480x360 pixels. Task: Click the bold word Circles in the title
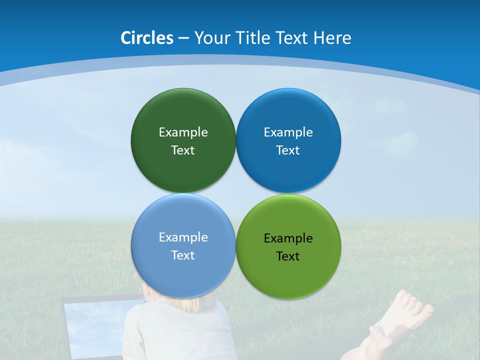(147, 38)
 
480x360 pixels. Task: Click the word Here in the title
(332, 38)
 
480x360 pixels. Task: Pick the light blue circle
(183, 272)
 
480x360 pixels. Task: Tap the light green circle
(288, 275)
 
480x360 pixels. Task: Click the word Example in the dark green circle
(183, 132)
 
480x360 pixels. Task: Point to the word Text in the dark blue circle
(288, 150)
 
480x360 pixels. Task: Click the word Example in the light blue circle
(183, 237)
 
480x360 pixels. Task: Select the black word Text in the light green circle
(288, 256)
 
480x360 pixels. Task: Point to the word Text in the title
(292, 38)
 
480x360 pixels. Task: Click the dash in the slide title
(183, 38)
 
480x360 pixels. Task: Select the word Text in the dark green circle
(183, 150)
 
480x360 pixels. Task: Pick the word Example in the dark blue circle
(288, 132)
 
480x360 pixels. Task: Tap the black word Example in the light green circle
(288, 238)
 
